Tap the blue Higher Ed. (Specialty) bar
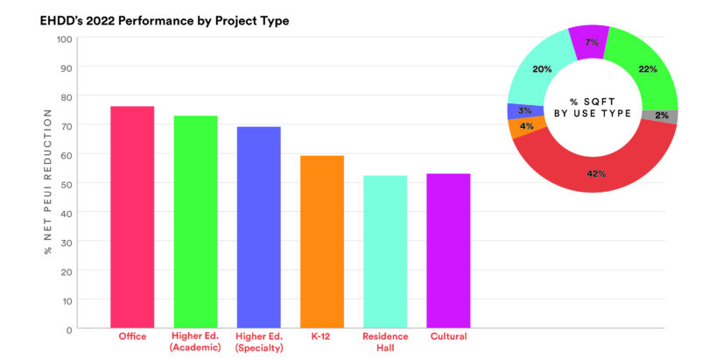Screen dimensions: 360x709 click(x=258, y=227)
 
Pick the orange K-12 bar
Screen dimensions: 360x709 click(x=322, y=241)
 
